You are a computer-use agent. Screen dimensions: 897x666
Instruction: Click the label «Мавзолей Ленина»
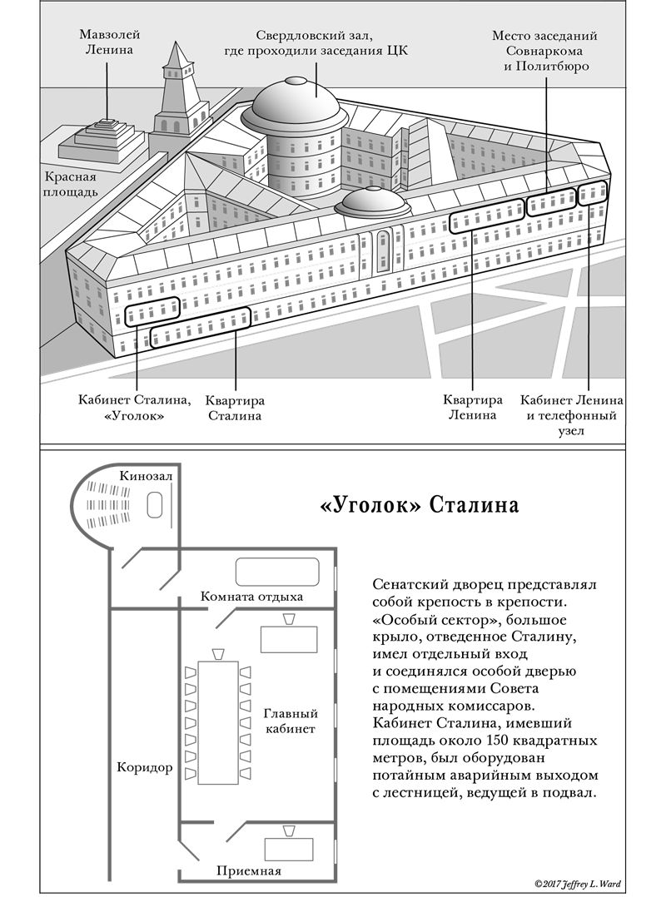109,42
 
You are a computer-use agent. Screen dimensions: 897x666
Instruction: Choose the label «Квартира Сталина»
235,407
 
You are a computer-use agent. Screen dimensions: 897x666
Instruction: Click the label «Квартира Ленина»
473,407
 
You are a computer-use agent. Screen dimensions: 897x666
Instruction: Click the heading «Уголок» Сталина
420,505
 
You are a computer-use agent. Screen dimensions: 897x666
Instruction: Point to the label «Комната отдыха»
252,597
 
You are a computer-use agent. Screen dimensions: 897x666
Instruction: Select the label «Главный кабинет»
290,721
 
